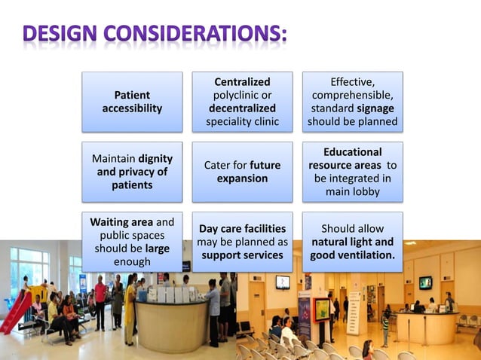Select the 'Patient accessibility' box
(x=132, y=102)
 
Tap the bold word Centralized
(x=242, y=81)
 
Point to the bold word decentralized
(x=242, y=108)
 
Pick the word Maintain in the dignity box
(x=113, y=159)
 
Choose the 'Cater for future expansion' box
(x=242, y=172)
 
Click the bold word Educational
(x=352, y=152)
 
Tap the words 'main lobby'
(x=352, y=192)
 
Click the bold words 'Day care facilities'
(x=242, y=228)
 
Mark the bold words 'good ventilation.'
(x=352, y=255)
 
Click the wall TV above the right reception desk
(x=426, y=282)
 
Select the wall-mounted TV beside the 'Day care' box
(x=283, y=282)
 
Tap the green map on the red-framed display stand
(x=322, y=310)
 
